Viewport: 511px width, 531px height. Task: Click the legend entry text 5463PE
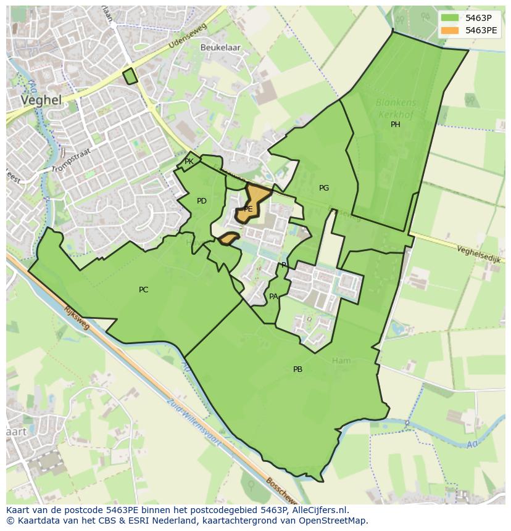pyautogui.click(x=481, y=30)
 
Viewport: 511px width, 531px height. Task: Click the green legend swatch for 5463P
pyautogui.click(x=450, y=17)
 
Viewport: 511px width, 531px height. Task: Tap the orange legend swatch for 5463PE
pyautogui.click(x=450, y=30)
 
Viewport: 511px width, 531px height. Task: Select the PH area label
pyautogui.click(x=396, y=125)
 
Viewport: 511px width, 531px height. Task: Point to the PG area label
pyautogui.click(x=324, y=188)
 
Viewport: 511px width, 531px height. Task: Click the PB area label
pyautogui.click(x=297, y=369)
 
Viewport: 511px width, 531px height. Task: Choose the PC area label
pyautogui.click(x=143, y=290)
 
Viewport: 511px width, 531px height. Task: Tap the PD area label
pyautogui.click(x=202, y=201)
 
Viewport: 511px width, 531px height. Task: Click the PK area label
pyautogui.click(x=189, y=162)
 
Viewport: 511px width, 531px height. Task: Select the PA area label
pyautogui.click(x=273, y=297)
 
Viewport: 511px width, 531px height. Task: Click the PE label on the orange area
pyautogui.click(x=248, y=209)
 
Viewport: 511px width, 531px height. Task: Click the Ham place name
pyautogui.click(x=341, y=361)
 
